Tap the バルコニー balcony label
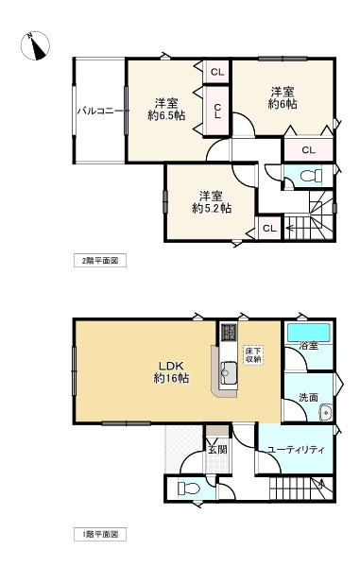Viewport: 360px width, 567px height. tap(96, 111)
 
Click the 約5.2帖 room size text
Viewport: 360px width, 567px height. tap(212, 208)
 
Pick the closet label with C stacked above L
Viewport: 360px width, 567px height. tap(217, 111)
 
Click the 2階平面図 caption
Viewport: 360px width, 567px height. tap(99, 259)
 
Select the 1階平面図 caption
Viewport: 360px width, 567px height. tap(99, 535)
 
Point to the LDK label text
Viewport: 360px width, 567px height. tap(170, 366)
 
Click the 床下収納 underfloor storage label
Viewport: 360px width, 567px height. tap(253, 354)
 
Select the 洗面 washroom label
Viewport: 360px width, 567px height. tap(306, 397)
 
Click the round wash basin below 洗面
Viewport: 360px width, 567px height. tap(325, 411)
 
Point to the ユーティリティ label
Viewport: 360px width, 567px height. tap(296, 450)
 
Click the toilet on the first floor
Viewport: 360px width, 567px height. tap(188, 489)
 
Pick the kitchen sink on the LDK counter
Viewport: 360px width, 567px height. tap(227, 369)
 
